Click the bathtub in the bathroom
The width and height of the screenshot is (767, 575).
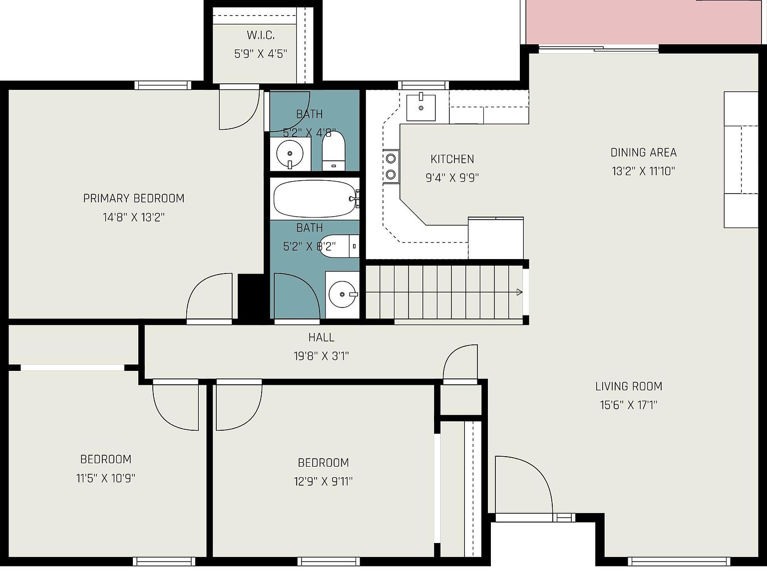tap(315, 199)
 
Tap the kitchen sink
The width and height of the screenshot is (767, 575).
tap(421, 107)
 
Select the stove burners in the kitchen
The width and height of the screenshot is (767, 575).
tap(391, 166)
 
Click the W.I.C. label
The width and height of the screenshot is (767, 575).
tap(261, 35)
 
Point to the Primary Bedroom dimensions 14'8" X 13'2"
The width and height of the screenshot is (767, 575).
tap(133, 218)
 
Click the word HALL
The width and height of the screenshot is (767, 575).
tap(321, 337)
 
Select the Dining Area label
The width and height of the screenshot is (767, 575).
tap(644, 153)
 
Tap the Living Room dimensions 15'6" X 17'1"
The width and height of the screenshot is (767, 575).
tap(629, 405)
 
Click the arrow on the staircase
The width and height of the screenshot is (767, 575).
tap(519, 292)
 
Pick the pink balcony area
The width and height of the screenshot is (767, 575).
tap(644, 22)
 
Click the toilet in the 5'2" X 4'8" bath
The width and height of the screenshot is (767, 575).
tap(334, 151)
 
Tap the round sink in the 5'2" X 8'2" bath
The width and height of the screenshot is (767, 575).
tap(343, 294)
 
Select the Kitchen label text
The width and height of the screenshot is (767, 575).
tap(452, 159)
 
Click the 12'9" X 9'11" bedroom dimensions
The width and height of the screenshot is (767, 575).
tap(323, 482)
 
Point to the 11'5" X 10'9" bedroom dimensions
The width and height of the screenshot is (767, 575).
tap(106, 478)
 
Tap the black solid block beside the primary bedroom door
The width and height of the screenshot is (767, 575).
tap(250, 296)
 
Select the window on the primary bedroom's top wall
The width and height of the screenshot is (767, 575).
tap(163, 85)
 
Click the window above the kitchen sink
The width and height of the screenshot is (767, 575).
tap(423, 85)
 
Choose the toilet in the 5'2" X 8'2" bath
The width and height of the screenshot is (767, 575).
tap(339, 246)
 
